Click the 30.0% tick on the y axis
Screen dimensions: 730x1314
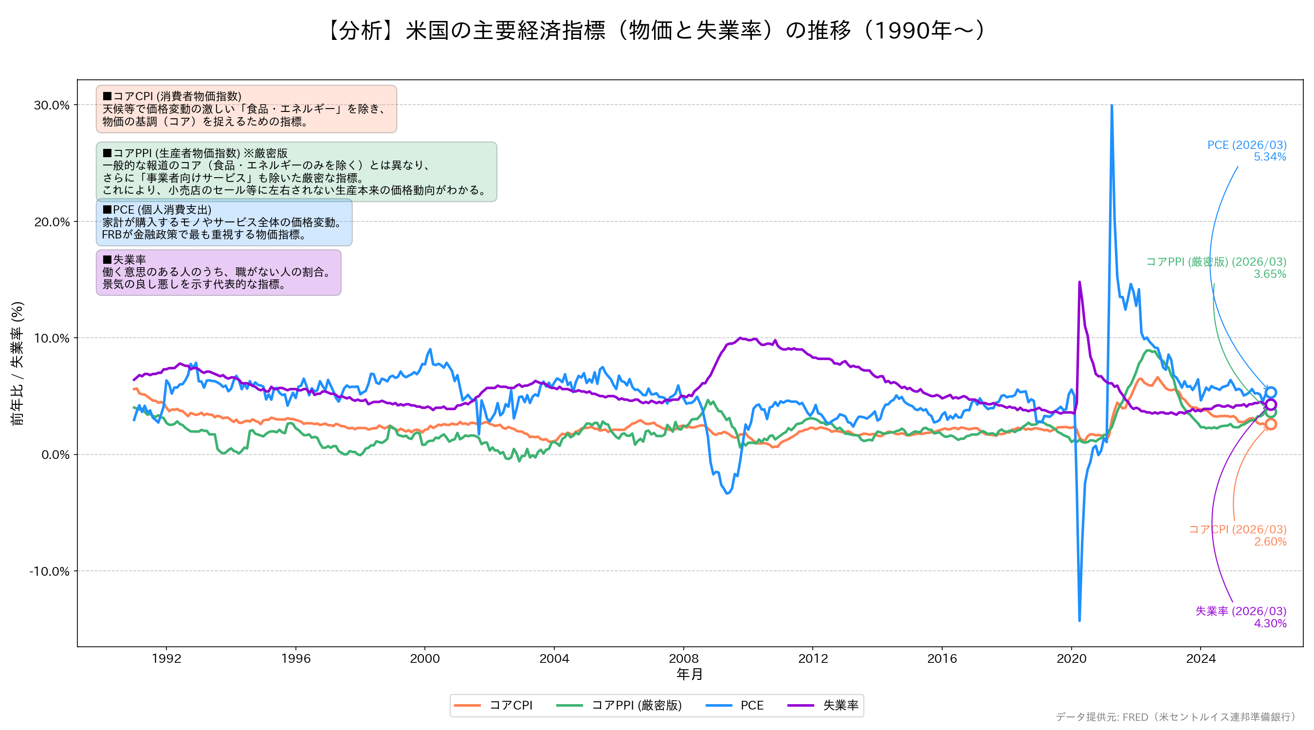coord(52,105)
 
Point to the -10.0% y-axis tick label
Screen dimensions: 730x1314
coord(49,571)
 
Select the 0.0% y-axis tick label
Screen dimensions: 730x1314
coord(55,455)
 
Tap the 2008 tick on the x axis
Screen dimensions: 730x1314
coord(684,658)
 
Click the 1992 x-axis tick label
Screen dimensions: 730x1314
coord(166,658)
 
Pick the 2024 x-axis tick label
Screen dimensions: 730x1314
coord(1201,658)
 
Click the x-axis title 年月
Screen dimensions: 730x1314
coord(690,675)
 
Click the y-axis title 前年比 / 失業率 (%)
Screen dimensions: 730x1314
coord(18,363)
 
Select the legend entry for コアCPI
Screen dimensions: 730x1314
coord(493,706)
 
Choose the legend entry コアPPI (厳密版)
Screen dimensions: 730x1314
coord(619,706)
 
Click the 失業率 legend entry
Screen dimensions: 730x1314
coord(823,706)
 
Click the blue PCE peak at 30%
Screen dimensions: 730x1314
coord(1112,106)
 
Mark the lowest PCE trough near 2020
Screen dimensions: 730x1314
coord(1079,620)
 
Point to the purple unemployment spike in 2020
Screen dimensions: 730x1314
coord(1079,282)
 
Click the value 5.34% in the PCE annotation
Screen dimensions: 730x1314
coord(1270,157)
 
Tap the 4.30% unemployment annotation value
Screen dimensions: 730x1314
coord(1270,623)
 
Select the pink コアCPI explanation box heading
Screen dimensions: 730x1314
coord(172,96)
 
